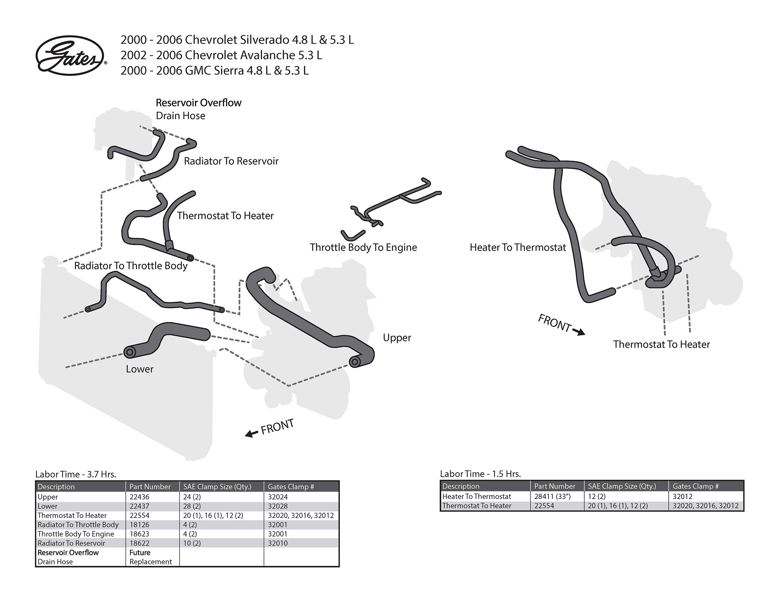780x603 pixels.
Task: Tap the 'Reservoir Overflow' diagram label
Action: [x=199, y=103]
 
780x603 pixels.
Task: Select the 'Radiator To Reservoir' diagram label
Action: [x=231, y=161]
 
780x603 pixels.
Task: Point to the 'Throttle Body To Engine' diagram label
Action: [x=363, y=247]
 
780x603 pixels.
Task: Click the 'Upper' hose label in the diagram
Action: [x=397, y=338]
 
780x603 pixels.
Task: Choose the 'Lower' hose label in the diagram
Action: [x=139, y=369]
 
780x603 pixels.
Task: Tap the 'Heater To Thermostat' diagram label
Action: [x=518, y=247]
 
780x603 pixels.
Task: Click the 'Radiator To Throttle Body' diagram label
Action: [x=131, y=266]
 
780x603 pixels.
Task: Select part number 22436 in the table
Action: [x=139, y=497]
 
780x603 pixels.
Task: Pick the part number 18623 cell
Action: [x=139, y=534]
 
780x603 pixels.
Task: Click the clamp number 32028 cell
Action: [x=278, y=506]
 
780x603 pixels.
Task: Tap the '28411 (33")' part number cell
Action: [x=552, y=497]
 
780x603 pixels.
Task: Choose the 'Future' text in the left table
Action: [x=140, y=553]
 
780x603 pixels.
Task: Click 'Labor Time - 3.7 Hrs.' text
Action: [x=76, y=474]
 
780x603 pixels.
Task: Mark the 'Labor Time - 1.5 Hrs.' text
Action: [x=480, y=474]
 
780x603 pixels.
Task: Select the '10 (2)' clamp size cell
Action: [x=192, y=543]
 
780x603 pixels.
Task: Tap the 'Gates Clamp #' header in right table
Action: [x=695, y=486]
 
